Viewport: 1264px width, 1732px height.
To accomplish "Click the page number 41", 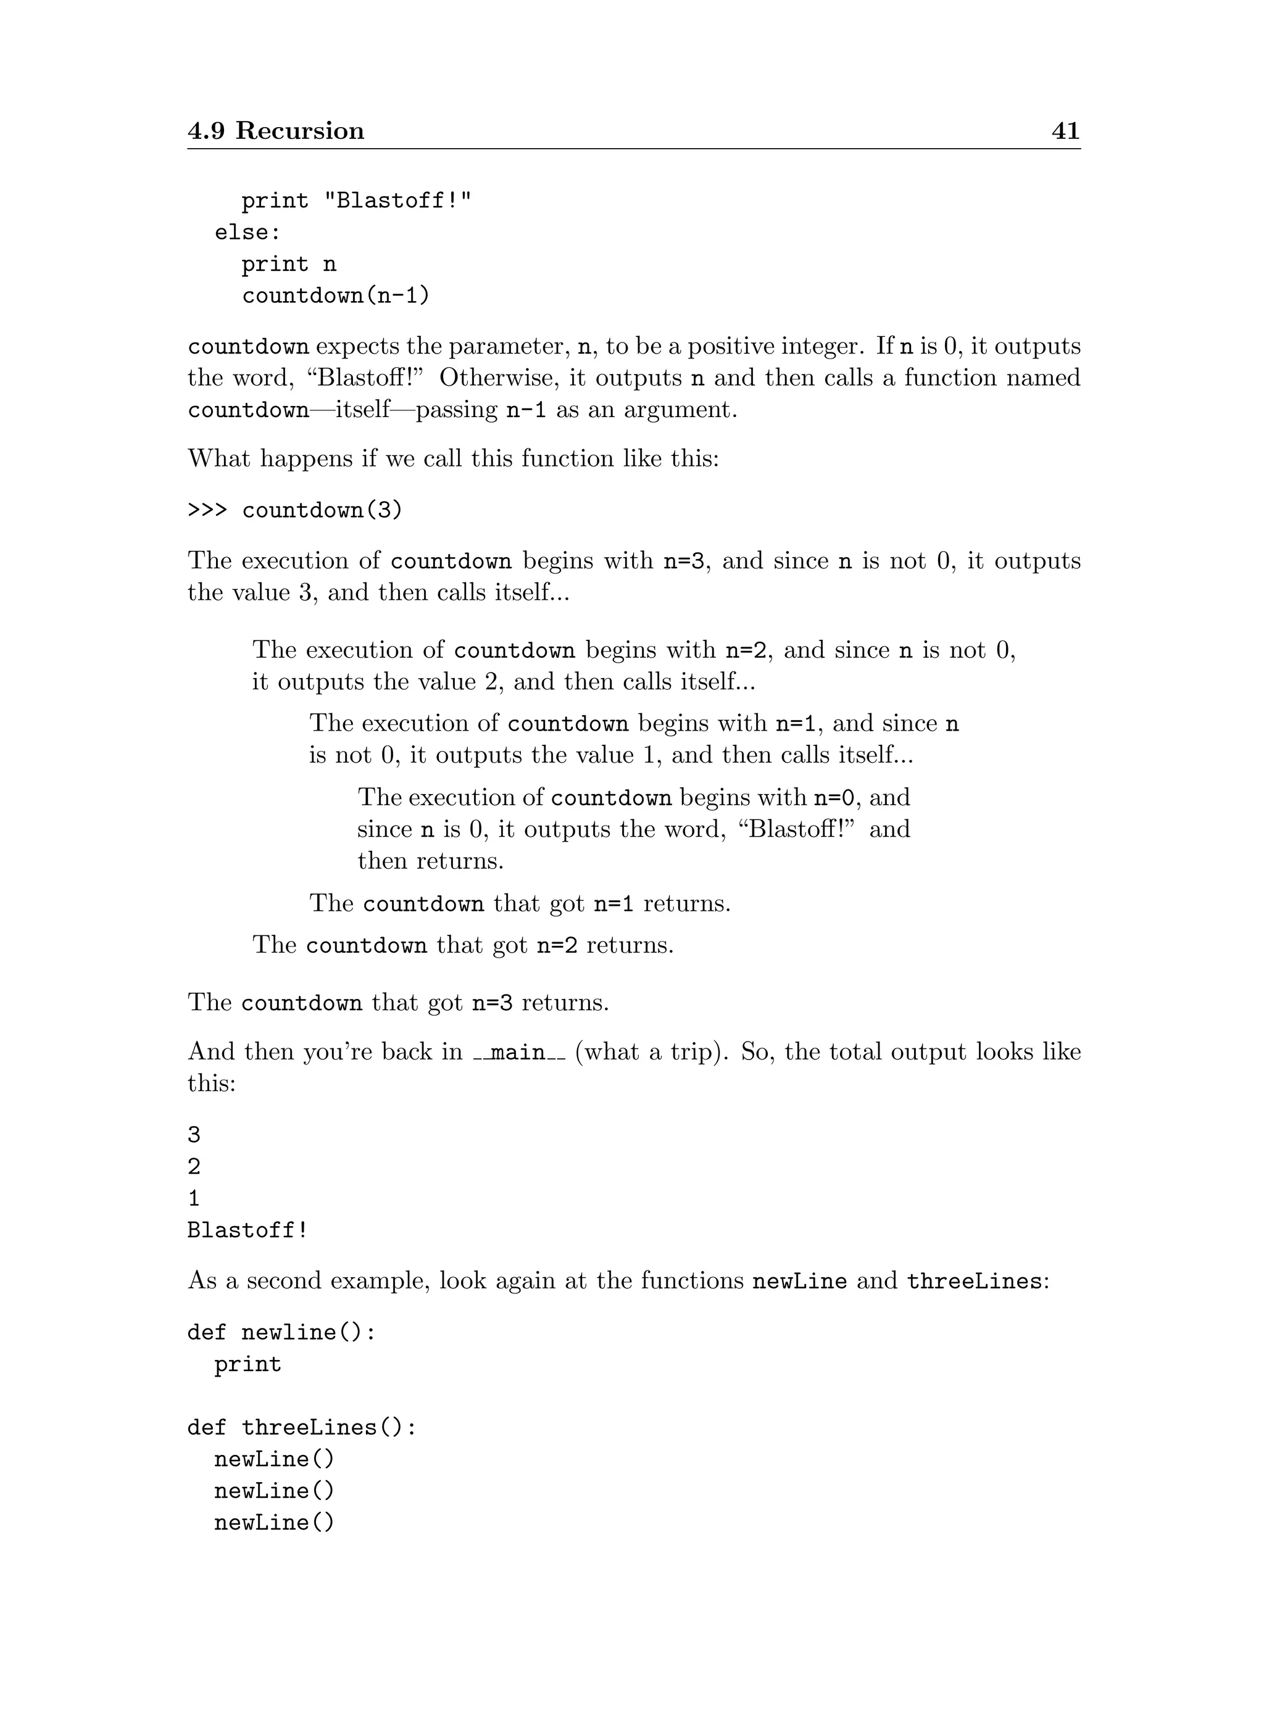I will pos(1065,131).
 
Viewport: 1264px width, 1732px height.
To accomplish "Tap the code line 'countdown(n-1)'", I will pos(336,296).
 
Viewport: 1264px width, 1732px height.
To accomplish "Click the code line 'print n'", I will pos(288,264).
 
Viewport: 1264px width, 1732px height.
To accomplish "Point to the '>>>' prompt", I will pos(207,510).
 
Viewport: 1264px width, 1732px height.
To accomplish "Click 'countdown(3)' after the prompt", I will pos(322,510).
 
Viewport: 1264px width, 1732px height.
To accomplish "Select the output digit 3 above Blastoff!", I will pos(194,1135).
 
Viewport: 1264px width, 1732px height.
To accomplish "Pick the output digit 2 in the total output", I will pos(194,1167).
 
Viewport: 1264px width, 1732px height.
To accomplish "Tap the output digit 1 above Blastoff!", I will pos(194,1198).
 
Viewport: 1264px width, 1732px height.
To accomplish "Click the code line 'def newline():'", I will pos(281,1333).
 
